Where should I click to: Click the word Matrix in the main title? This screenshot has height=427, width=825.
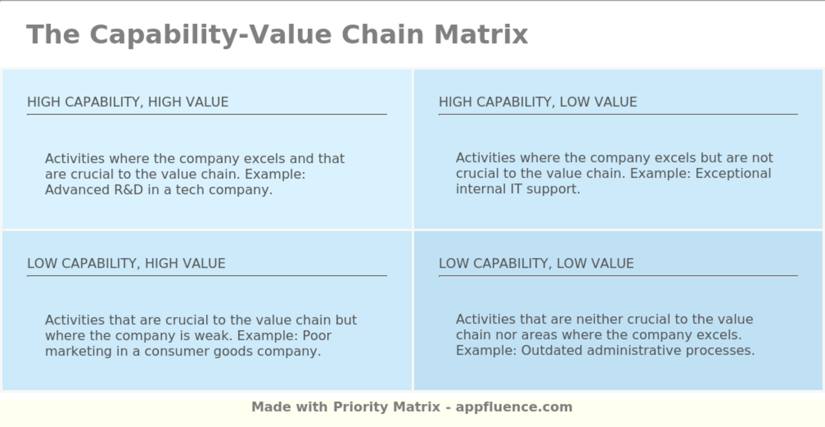coord(481,35)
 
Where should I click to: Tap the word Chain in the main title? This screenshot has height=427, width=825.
coord(383,35)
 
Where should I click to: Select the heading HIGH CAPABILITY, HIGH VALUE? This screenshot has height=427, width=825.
coord(128,102)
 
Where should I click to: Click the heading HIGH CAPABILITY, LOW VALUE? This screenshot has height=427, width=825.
coord(537,102)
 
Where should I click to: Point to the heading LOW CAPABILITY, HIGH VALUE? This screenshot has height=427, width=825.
coord(126,264)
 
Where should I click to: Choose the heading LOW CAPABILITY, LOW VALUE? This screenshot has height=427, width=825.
coord(536,264)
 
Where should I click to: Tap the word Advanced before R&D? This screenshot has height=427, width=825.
coord(77,189)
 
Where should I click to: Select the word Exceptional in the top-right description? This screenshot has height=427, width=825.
coord(733,173)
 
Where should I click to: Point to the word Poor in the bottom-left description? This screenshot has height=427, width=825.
coord(317,336)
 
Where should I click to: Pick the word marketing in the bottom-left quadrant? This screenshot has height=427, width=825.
coord(78,352)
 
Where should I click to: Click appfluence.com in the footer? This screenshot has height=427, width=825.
coord(514,407)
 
